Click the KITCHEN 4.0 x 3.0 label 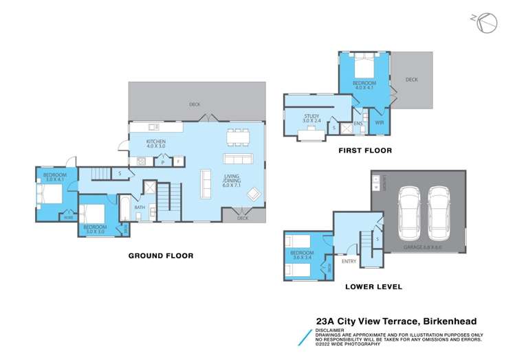156,144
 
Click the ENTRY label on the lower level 349,260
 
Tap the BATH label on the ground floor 140,207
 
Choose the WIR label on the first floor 379,123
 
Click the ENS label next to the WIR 358,124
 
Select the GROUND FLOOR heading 161,256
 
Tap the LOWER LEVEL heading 373,286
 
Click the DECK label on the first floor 411,80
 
